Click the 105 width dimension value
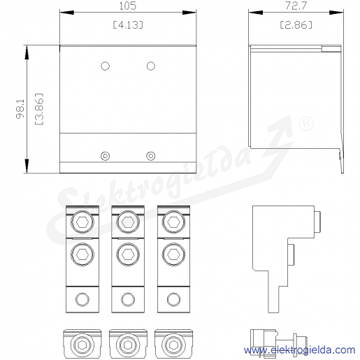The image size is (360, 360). (128, 6)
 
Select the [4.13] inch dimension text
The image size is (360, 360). (128, 24)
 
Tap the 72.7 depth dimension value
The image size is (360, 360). (296, 6)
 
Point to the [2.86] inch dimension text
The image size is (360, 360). (296, 24)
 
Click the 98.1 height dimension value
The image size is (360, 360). (20, 109)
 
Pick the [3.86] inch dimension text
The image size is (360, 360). (39, 109)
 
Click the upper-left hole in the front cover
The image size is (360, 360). (105, 66)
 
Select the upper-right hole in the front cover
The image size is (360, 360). (151, 66)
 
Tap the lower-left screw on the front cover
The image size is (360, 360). (105, 156)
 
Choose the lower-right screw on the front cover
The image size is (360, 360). (151, 156)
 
